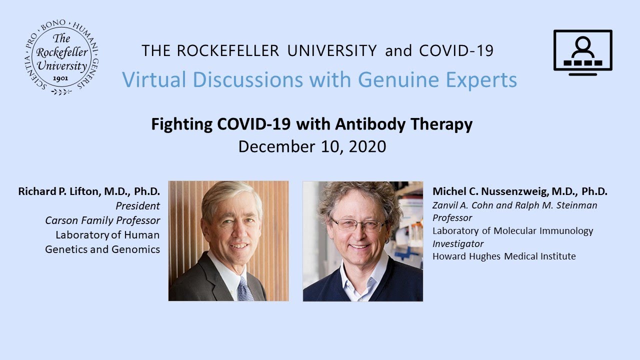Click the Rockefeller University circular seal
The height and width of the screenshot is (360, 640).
pos(61,57)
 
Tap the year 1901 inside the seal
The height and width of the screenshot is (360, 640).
pos(60,78)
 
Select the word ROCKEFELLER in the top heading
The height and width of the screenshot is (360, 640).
pos(228,50)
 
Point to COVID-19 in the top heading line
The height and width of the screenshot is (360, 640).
pos(456,50)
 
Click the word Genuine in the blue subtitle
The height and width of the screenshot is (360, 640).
pos(398,79)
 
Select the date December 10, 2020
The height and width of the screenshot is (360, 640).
pos(312,146)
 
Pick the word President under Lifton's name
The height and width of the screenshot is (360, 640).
pos(137,206)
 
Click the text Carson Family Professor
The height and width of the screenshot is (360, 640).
pos(102,220)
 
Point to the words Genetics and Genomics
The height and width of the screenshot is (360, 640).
pos(102,249)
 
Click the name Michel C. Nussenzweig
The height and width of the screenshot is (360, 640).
pos(490,191)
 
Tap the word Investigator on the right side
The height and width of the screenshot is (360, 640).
pos(457,243)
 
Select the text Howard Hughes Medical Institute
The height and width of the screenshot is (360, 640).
pos(504,256)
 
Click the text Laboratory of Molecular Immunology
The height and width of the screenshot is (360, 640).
pos(513,231)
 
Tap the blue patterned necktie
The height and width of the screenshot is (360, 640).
pos(244,288)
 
